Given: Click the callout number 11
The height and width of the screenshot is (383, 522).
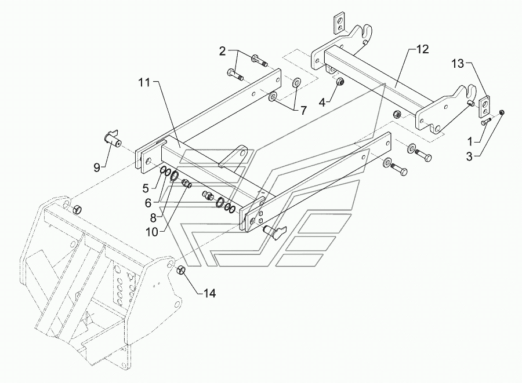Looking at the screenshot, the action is (x=145, y=82).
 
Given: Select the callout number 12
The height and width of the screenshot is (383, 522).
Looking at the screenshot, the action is (x=422, y=49).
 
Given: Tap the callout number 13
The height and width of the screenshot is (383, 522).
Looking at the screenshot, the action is (x=458, y=63).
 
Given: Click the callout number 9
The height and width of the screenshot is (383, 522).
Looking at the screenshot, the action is (x=96, y=168).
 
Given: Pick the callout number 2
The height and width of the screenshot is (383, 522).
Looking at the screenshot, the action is (x=222, y=51).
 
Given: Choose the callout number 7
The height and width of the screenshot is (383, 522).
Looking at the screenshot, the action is (x=303, y=110).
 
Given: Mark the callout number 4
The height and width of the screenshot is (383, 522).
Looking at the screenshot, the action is (x=322, y=102).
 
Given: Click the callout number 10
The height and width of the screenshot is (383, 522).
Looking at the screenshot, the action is (x=152, y=232).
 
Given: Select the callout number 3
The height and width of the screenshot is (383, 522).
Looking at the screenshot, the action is (x=469, y=156).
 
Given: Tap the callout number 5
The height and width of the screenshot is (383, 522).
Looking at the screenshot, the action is (x=146, y=188).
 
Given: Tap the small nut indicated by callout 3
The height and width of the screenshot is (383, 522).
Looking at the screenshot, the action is (x=502, y=113).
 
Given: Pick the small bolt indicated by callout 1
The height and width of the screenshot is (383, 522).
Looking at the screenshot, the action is (x=486, y=122).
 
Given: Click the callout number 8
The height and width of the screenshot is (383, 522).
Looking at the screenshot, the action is (x=153, y=218).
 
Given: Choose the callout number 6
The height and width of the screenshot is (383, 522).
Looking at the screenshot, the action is (x=148, y=203).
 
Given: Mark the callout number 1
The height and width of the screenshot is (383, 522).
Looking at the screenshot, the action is (x=470, y=142).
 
